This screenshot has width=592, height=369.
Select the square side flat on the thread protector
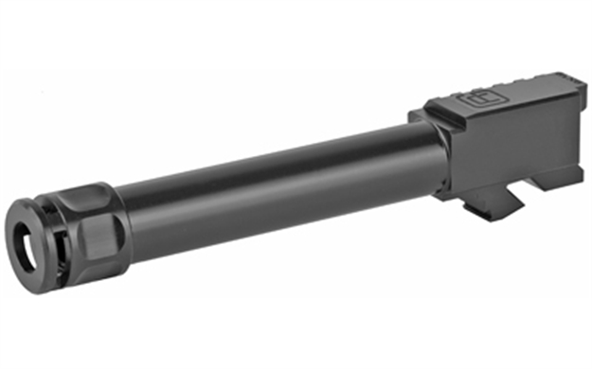click(x=98, y=237)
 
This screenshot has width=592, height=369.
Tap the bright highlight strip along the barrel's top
click(x=275, y=151)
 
